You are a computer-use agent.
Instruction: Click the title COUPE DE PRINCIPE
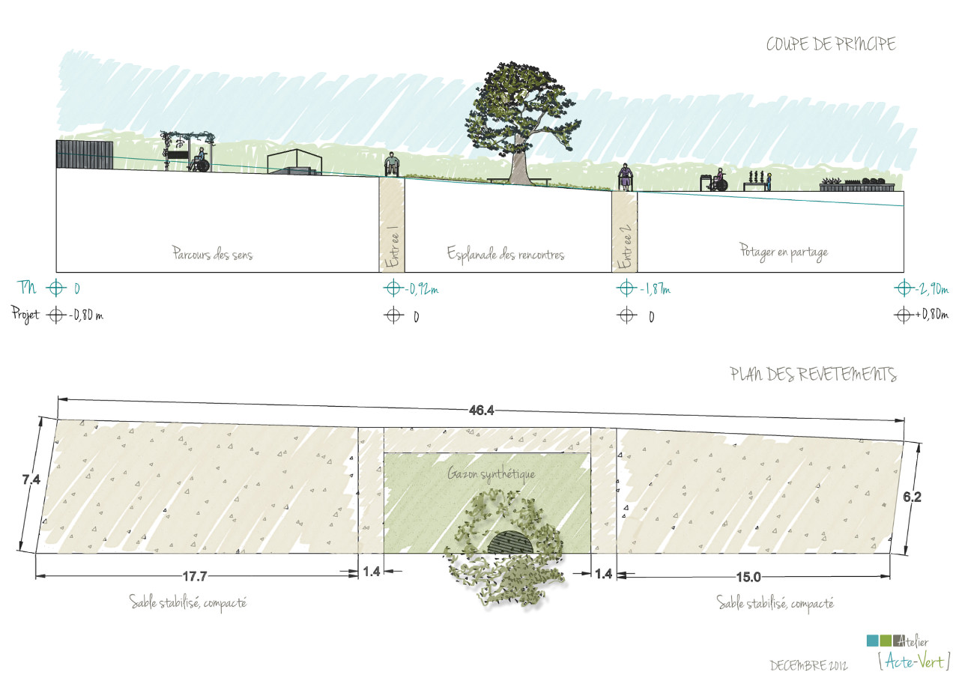pyautogui.click(x=830, y=45)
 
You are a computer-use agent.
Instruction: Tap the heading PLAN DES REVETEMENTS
pyautogui.click(x=813, y=375)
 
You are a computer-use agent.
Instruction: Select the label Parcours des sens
pyautogui.click(x=212, y=254)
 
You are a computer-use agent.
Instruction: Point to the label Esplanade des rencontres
pyautogui.click(x=506, y=254)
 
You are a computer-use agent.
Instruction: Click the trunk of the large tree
pyautogui.click(x=518, y=163)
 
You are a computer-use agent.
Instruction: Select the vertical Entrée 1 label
pyautogui.click(x=392, y=248)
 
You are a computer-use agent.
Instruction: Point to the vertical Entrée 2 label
pyautogui.click(x=625, y=248)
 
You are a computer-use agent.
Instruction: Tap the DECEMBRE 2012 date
pyautogui.click(x=808, y=665)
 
